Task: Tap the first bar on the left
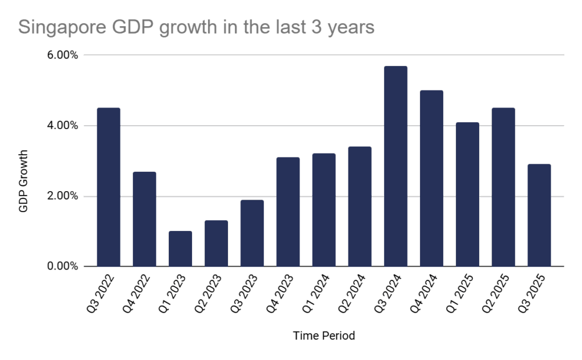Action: click(108, 187)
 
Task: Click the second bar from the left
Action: click(144, 219)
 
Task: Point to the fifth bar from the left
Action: click(252, 233)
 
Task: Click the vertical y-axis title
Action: click(24, 181)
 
